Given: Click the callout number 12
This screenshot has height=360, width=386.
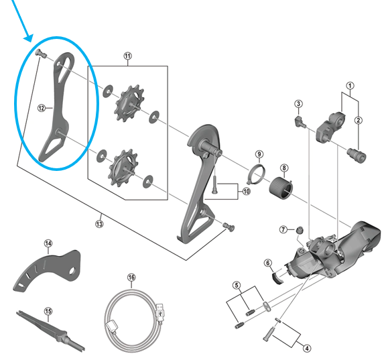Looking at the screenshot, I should [x=41, y=107].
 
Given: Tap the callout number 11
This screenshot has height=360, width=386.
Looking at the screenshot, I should [x=127, y=57].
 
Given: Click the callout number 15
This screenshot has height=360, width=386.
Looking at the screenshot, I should [x=48, y=310].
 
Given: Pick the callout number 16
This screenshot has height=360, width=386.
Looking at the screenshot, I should [x=131, y=277].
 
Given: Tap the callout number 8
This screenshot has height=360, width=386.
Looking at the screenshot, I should [x=284, y=168].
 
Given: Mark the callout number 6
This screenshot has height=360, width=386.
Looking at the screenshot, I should [x=268, y=263].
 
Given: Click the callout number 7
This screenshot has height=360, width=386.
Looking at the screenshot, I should [x=283, y=229].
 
